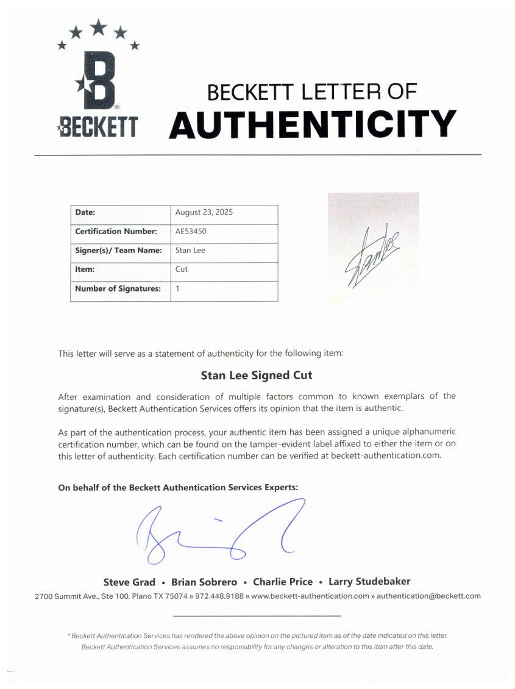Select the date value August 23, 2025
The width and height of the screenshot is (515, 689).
click(x=204, y=213)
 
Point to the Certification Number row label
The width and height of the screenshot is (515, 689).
click(x=116, y=232)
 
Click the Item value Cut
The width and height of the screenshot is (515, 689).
click(x=182, y=270)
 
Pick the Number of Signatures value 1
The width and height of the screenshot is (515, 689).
click(x=177, y=289)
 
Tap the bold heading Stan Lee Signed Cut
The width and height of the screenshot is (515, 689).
click(x=257, y=376)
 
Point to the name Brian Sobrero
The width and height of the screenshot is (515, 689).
click(x=204, y=582)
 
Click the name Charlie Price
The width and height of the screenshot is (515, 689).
click(x=283, y=582)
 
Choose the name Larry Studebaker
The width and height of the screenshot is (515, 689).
click(x=369, y=582)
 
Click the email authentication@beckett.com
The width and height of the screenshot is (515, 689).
click(x=428, y=596)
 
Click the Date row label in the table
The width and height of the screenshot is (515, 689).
click(x=85, y=213)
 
